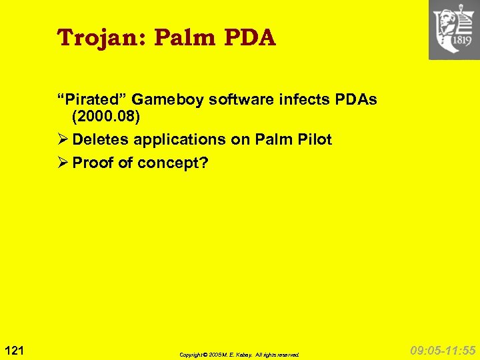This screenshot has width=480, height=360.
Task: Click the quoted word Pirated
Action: coord(91,100)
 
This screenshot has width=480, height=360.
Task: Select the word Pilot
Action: coord(313,140)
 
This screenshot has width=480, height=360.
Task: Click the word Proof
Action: coord(93,163)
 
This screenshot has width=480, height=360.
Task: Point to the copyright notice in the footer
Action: coord(239,355)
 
